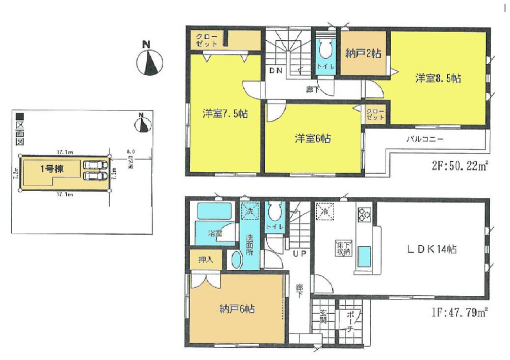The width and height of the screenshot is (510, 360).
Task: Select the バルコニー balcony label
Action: [x=424, y=138]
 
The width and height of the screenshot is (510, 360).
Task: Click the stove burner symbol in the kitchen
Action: [x=365, y=215]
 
